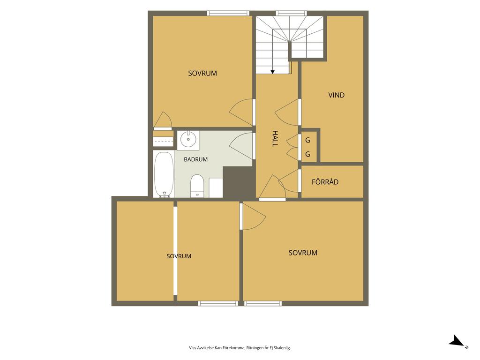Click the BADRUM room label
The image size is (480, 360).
point(195,159)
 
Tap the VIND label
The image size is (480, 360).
point(337,95)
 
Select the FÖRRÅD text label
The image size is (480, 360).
point(325,182)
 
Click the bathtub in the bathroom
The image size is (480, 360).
point(164,174)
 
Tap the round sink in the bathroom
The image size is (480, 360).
point(188,140)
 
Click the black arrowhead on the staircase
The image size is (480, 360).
point(272,72)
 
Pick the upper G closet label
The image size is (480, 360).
point(307,140)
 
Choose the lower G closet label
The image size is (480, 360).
point(307,154)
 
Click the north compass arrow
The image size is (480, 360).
point(457,340)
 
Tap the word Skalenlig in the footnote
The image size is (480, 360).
point(283,348)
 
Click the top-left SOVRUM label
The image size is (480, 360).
point(202,73)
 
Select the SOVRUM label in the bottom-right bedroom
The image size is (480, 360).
point(303,253)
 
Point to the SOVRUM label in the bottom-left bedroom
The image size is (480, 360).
point(179,256)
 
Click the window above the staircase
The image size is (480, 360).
point(291,13)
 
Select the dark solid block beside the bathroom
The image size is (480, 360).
point(239,182)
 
